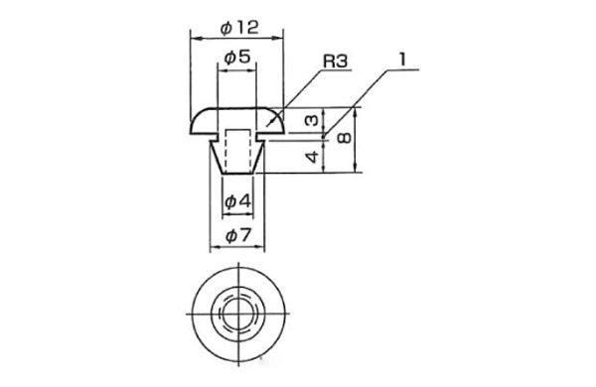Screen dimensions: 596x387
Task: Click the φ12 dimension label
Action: click(239, 28)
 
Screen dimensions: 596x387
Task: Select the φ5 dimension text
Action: click(237, 58)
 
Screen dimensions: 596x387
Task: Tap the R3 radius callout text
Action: click(336, 61)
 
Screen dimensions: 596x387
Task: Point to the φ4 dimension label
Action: click(238, 201)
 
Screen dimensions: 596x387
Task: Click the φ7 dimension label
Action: click(238, 236)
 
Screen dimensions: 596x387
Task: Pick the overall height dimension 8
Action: click(345, 138)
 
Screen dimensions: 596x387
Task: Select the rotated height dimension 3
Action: click(312, 120)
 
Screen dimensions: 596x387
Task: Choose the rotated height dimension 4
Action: click(313, 156)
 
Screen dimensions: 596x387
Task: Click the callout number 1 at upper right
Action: click(402, 60)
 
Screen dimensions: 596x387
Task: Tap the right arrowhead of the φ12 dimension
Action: click(279, 38)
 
